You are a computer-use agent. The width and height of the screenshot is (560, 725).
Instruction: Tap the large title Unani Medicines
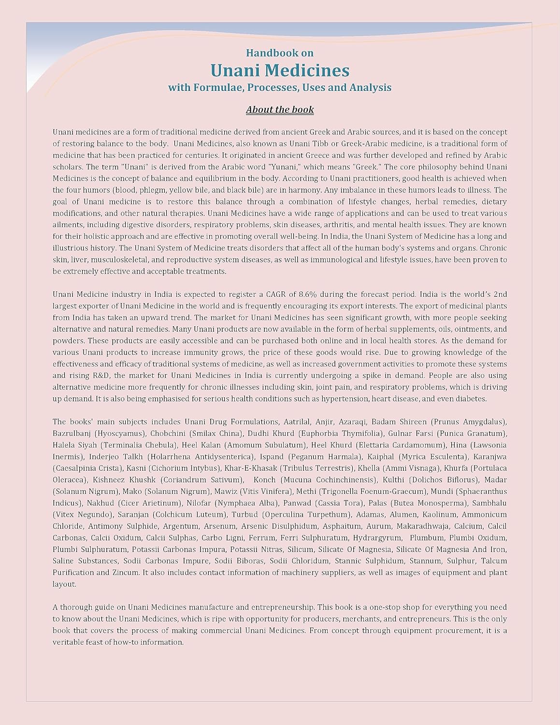[280, 70]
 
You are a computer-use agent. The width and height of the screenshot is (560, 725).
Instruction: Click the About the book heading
[280, 110]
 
